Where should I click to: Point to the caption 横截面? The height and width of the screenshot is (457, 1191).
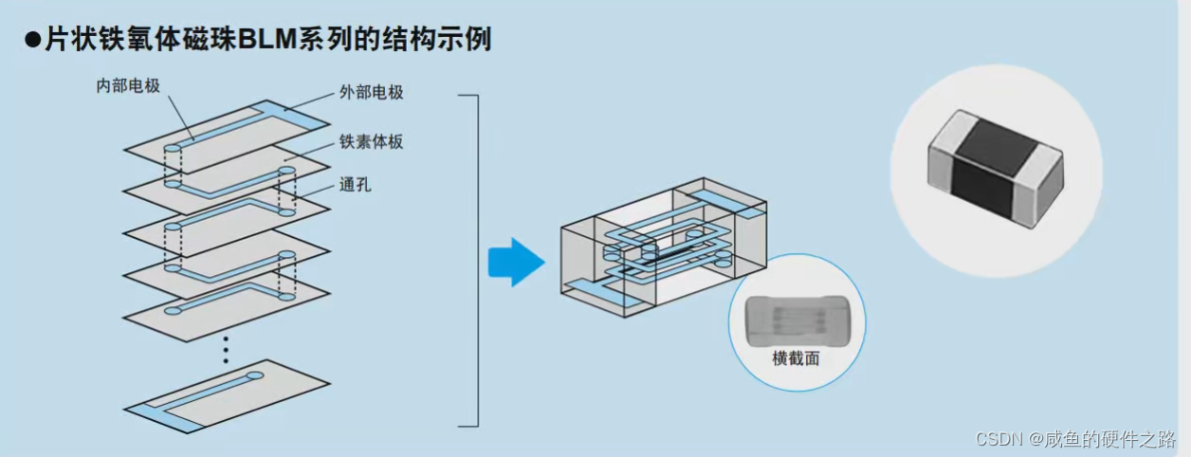tap(796, 358)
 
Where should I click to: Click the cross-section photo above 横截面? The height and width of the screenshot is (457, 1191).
tap(796, 318)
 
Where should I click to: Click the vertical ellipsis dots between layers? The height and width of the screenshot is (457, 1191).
tap(226, 348)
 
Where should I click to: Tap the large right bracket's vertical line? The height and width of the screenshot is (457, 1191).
tap(477, 261)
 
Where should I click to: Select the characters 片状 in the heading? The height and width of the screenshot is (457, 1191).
tap(68, 41)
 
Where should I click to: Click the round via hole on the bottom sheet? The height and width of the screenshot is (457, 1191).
tap(255, 376)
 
